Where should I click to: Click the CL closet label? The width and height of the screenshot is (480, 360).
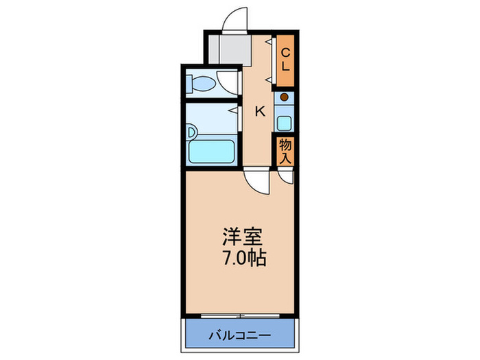286,60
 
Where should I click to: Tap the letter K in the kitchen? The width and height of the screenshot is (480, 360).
261,111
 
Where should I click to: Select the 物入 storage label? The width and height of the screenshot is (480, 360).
286,151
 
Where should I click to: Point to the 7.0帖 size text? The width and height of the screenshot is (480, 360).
239,260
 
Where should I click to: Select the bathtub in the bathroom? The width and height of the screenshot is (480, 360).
211,149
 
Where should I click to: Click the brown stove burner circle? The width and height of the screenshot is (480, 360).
284,97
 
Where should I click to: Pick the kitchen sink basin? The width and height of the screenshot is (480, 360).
284,124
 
